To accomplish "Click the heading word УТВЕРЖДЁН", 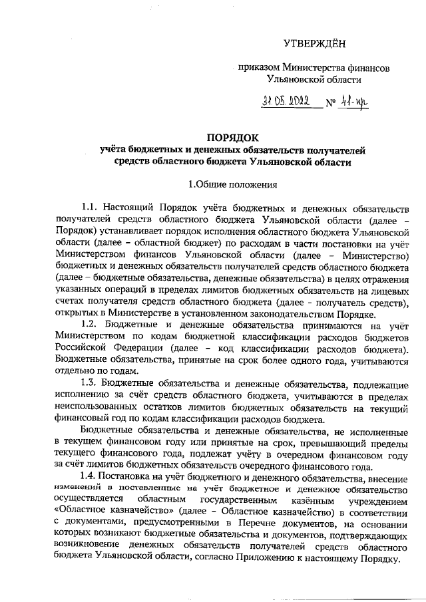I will click(x=315, y=44).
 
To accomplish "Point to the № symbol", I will click(x=331, y=104).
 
